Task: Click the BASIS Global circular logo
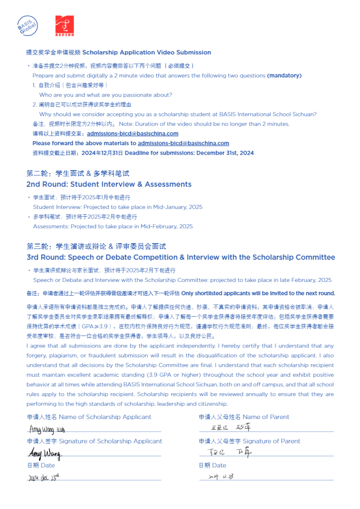(x=27, y=25)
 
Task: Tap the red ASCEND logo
(x=64, y=25)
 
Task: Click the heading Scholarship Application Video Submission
(x=146, y=52)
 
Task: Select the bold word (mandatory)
(x=284, y=76)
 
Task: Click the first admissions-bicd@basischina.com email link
(x=132, y=134)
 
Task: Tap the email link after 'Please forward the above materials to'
(x=183, y=143)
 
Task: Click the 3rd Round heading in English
(x=180, y=257)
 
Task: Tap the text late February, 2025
(x=301, y=280)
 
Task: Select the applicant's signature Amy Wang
(x=44, y=453)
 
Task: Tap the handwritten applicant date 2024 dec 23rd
(x=44, y=477)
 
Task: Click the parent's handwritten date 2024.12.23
(x=222, y=476)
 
